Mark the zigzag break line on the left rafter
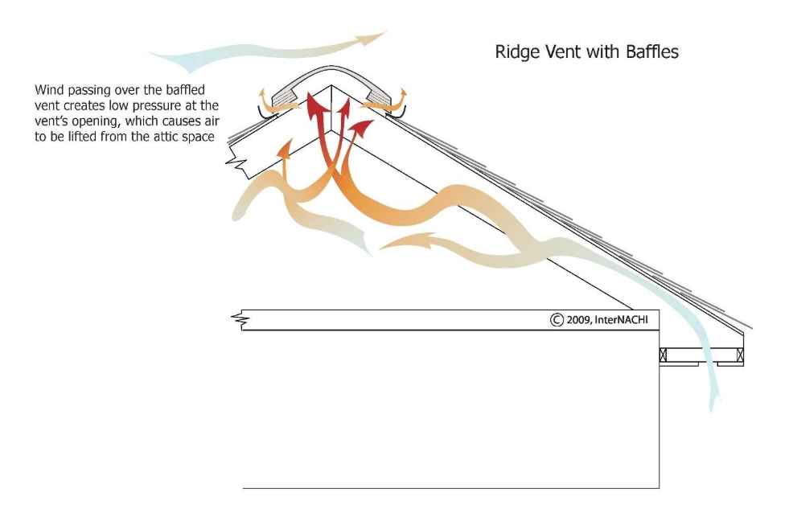coord(236,164)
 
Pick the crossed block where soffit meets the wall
coord(664,354)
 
